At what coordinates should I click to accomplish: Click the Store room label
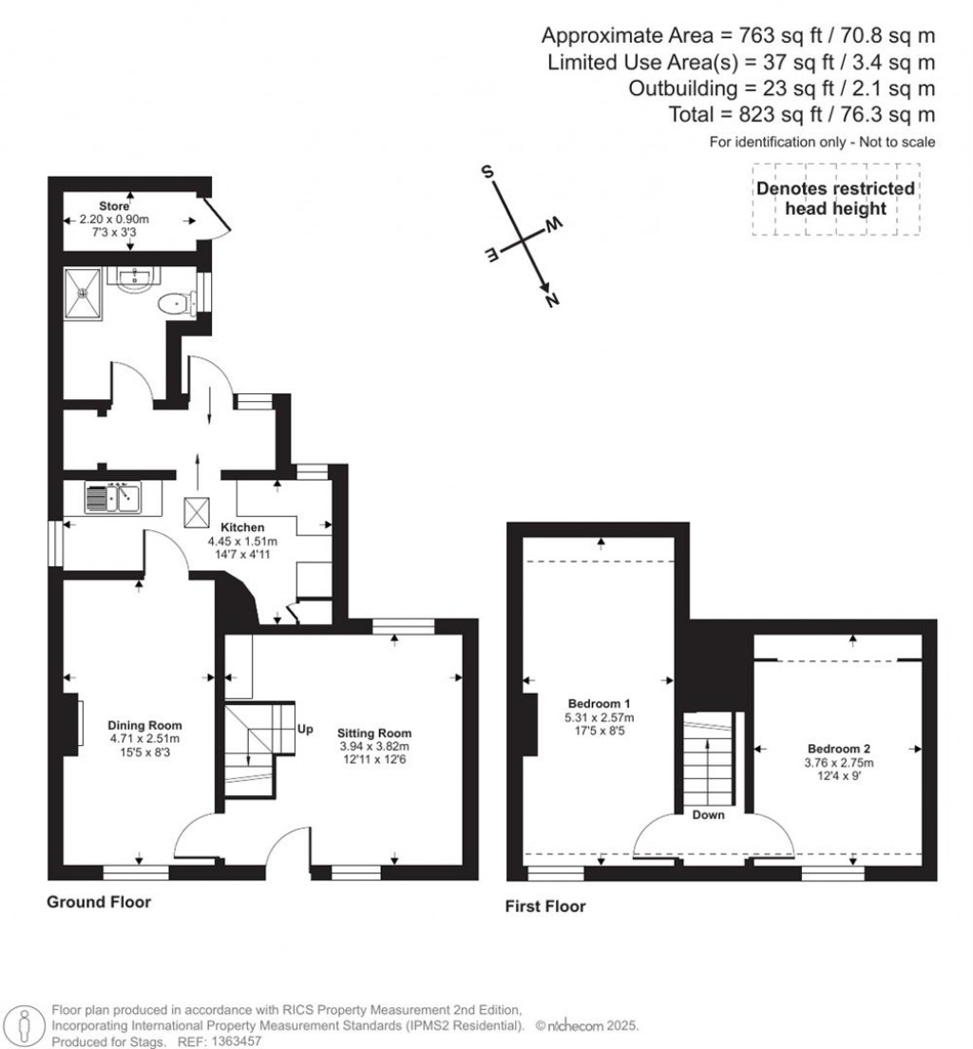pos(114,205)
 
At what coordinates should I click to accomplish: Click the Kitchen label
pos(242,527)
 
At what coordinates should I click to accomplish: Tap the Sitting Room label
pos(374,733)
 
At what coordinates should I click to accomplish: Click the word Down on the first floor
pos(709,815)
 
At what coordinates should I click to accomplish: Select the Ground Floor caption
pos(99,902)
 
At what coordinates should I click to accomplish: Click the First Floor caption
pos(545,906)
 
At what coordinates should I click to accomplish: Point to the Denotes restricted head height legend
pos(835,199)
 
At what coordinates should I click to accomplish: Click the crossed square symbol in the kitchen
pos(199,512)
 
